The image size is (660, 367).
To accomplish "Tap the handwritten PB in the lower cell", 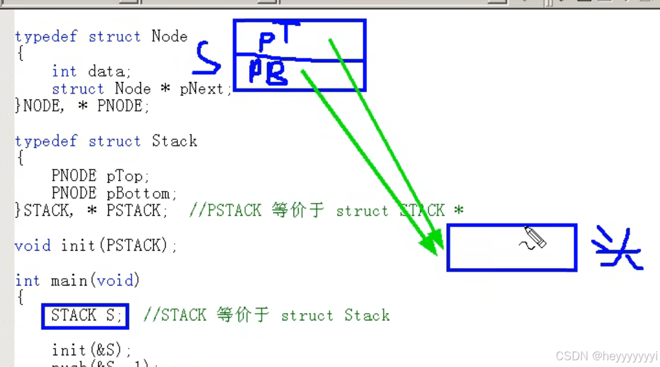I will [268, 72].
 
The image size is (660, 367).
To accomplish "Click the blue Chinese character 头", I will [616, 248].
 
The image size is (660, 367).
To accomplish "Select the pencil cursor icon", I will [534, 238].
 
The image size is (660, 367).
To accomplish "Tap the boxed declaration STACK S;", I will [85, 316].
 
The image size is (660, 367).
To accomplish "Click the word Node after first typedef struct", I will [169, 37].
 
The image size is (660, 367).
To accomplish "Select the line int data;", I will [91, 71].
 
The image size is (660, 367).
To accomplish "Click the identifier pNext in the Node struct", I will [201, 89].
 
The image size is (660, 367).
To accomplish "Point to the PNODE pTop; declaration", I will [100, 176].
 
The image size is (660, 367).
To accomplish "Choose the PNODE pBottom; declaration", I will [114, 193].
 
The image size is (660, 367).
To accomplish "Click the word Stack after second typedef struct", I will [174, 141].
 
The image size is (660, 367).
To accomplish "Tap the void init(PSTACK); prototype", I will [96, 246].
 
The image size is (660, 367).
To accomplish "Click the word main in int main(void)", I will [70, 280].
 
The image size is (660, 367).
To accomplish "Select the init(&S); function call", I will [91, 350].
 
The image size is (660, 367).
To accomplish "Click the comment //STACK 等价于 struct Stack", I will [267, 315].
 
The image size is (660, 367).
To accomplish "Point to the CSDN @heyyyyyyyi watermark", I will [606, 356].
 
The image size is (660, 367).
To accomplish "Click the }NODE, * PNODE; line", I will [82, 106].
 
